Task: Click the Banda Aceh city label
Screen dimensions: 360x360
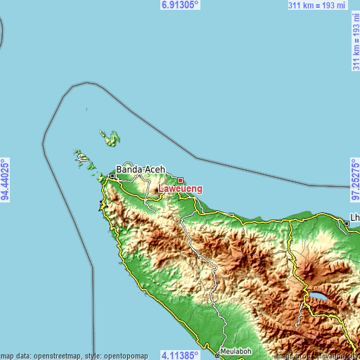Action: [141, 169]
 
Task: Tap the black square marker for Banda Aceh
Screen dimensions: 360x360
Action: [112, 176]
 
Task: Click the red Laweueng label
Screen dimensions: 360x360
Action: [181, 188]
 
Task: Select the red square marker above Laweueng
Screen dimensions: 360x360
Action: [181, 180]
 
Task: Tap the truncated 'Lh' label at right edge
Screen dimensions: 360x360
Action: [355, 217]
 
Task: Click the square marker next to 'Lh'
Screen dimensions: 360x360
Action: [347, 224]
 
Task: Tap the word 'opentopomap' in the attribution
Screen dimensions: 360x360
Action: [125, 355]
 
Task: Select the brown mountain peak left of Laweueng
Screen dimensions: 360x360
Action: [156, 189]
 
